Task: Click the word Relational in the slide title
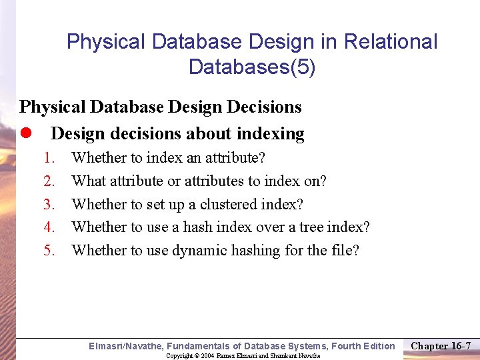pyautogui.click(x=391, y=42)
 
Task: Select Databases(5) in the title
pyautogui.click(x=252, y=67)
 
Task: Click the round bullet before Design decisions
pyautogui.click(x=25, y=134)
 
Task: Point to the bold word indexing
pyautogui.click(x=271, y=134)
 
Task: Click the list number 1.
pyautogui.click(x=49, y=158)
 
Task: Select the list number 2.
pyautogui.click(x=49, y=181)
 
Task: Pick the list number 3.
pyautogui.click(x=49, y=204)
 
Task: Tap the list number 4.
pyautogui.click(x=49, y=227)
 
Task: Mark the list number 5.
pyautogui.click(x=49, y=251)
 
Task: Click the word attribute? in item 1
pyautogui.click(x=233, y=158)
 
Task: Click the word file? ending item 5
pyautogui.click(x=343, y=251)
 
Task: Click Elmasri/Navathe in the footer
pyautogui.click(x=126, y=346)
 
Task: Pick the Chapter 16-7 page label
pyautogui.click(x=441, y=345)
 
